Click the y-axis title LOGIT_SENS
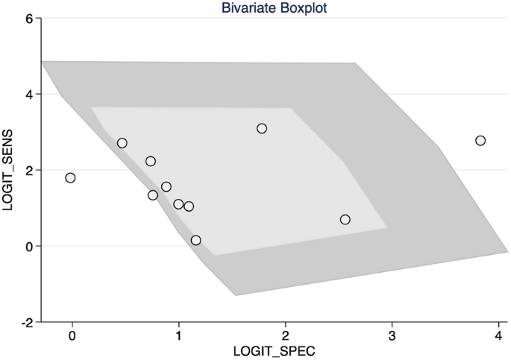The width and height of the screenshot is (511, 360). click(10, 170)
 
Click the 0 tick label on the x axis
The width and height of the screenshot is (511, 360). click(72, 335)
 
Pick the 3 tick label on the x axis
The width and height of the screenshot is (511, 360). click(392, 335)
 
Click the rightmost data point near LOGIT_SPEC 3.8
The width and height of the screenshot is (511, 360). click(480, 141)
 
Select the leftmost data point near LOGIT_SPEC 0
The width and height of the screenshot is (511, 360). click(70, 177)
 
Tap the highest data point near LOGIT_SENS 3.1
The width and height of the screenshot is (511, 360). click(262, 128)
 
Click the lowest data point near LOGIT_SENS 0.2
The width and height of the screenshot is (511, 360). click(196, 240)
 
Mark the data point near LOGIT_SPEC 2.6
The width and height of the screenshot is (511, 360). click(345, 219)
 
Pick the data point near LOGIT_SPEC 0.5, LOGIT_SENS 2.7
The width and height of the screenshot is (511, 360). click(122, 143)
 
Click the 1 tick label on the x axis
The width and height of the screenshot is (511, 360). click(179, 335)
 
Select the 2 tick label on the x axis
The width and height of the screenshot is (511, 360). click(286, 335)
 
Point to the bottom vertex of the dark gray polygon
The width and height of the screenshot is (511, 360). click(236, 295)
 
